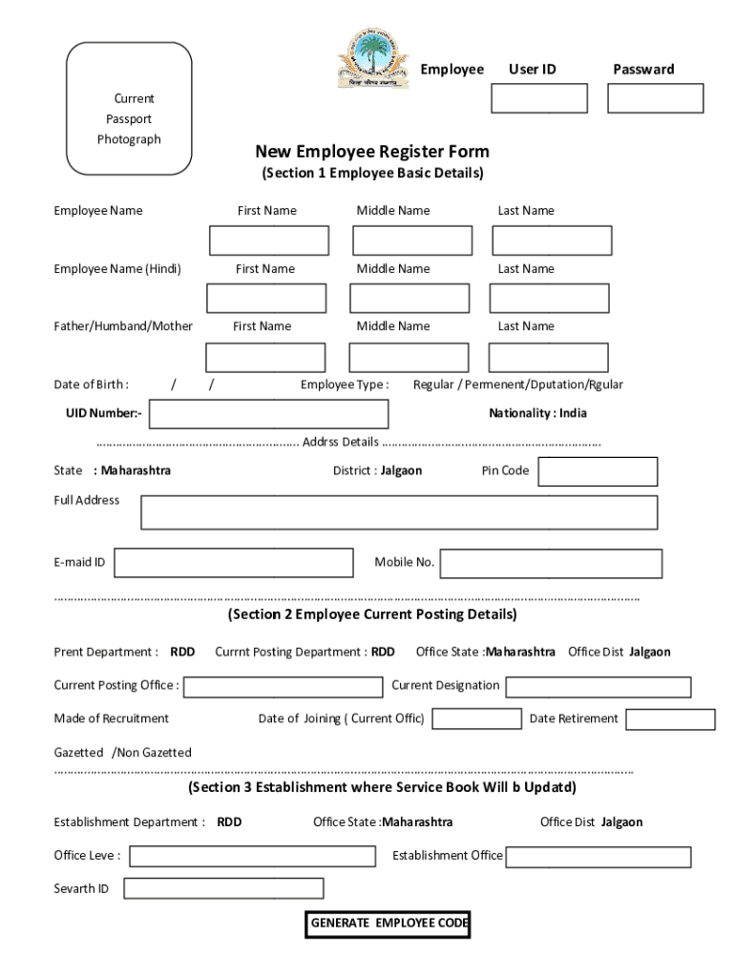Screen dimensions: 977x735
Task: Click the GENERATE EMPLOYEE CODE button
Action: pyautogui.click(x=388, y=924)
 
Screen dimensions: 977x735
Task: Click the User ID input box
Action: pyautogui.click(x=539, y=98)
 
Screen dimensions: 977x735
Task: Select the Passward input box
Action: pyautogui.click(x=655, y=98)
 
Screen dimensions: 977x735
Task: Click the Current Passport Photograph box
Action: pyautogui.click(x=129, y=109)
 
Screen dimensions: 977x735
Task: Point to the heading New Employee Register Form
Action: pyautogui.click(x=372, y=152)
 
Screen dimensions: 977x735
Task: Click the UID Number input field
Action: pyautogui.click(x=269, y=414)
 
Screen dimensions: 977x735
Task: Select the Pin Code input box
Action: pyautogui.click(x=598, y=471)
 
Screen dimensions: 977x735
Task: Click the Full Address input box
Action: pyautogui.click(x=399, y=512)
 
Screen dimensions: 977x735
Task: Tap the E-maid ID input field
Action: pyautogui.click(x=234, y=563)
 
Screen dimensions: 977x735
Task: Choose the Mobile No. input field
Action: pyautogui.click(x=551, y=563)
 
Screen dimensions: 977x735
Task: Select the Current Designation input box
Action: pyautogui.click(x=598, y=687)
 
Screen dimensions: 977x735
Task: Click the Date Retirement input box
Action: pyautogui.click(x=670, y=719)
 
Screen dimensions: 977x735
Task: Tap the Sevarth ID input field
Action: pyautogui.click(x=223, y=889)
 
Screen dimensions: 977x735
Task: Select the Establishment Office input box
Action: pyautogui.click(x=598, y=857)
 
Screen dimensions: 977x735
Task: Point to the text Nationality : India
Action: pyautogui.click(x=537, y=413)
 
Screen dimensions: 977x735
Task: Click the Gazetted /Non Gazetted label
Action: pyautogui.click(x=122, y=753)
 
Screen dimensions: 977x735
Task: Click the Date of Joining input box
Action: pyautogui.click(x=474, y=719)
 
